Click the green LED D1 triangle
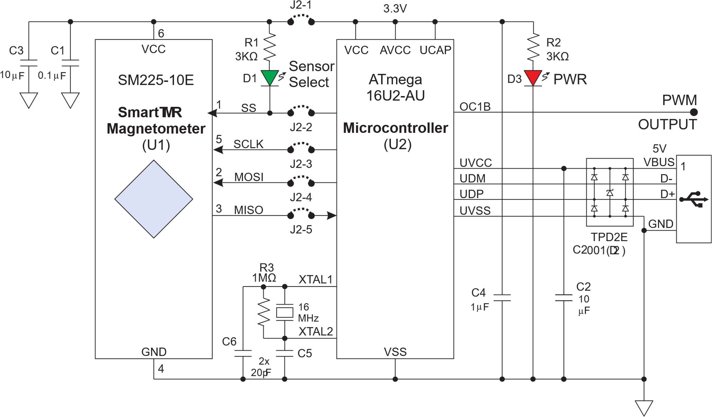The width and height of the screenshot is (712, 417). coord(270,77)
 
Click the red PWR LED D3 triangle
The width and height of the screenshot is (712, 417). coord(533,77)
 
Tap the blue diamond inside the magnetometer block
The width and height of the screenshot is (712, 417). coord(153,199)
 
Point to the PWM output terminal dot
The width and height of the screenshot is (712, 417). coord(694,112)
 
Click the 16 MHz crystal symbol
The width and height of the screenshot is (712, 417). coord(284,312)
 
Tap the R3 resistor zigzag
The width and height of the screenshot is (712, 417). coord(264,312)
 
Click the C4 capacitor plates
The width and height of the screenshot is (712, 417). coord(502,298)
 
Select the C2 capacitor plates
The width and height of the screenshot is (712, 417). coord(564,298)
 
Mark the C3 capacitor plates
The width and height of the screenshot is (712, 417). coord(29,63)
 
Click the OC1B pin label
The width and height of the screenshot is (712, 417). coord(475,107)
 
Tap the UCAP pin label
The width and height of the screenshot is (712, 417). coord(435,50)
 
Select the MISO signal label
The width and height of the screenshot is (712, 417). coord(248,210)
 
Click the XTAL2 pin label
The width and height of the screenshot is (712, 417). coord(316,332)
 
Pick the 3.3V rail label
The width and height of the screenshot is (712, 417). coord(395,9)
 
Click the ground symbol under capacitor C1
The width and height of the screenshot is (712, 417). coord(70,100)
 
